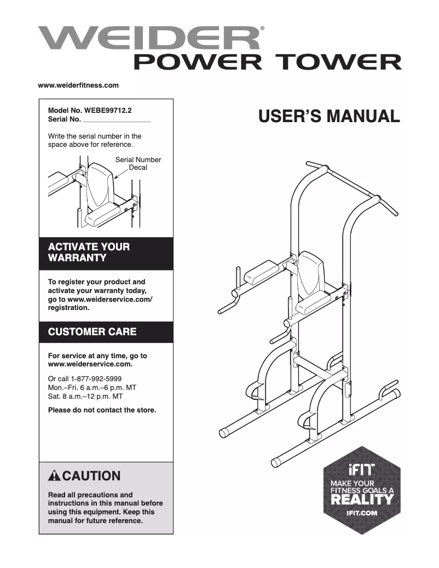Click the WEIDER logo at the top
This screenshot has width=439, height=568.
pyautogui.click(x=149, y=38)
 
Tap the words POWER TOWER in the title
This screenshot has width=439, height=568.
pyautogui.click(x=268, y=62)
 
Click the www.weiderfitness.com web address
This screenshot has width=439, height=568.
pyautogui.click(x=78, y=85)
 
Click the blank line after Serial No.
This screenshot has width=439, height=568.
pyautogui.click(x=117, y=119)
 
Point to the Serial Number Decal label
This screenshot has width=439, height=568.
pyautogui.click(x=138, y=163)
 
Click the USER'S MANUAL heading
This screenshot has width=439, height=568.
pyautogui.click(x=329, y=116)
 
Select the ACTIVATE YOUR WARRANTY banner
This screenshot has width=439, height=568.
pyautogui.click(x=106, y=252)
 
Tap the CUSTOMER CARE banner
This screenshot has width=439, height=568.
pyautogui.click(x=106, y=332)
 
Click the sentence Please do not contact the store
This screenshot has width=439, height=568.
pyautogui.click(x=102, y=410)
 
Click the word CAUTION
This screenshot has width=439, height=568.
pyautogui.click(x=90, y=475)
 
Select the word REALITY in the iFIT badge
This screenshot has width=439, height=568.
pyautogui.click(x=361, y=500)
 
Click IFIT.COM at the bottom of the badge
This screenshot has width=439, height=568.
pyautogui.click(x=361, y=513)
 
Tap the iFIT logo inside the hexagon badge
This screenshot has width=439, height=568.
pyautogui.click(x=361, y=470)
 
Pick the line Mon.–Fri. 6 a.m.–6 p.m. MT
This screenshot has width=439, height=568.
pyautogui.click(x=92, y=387)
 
